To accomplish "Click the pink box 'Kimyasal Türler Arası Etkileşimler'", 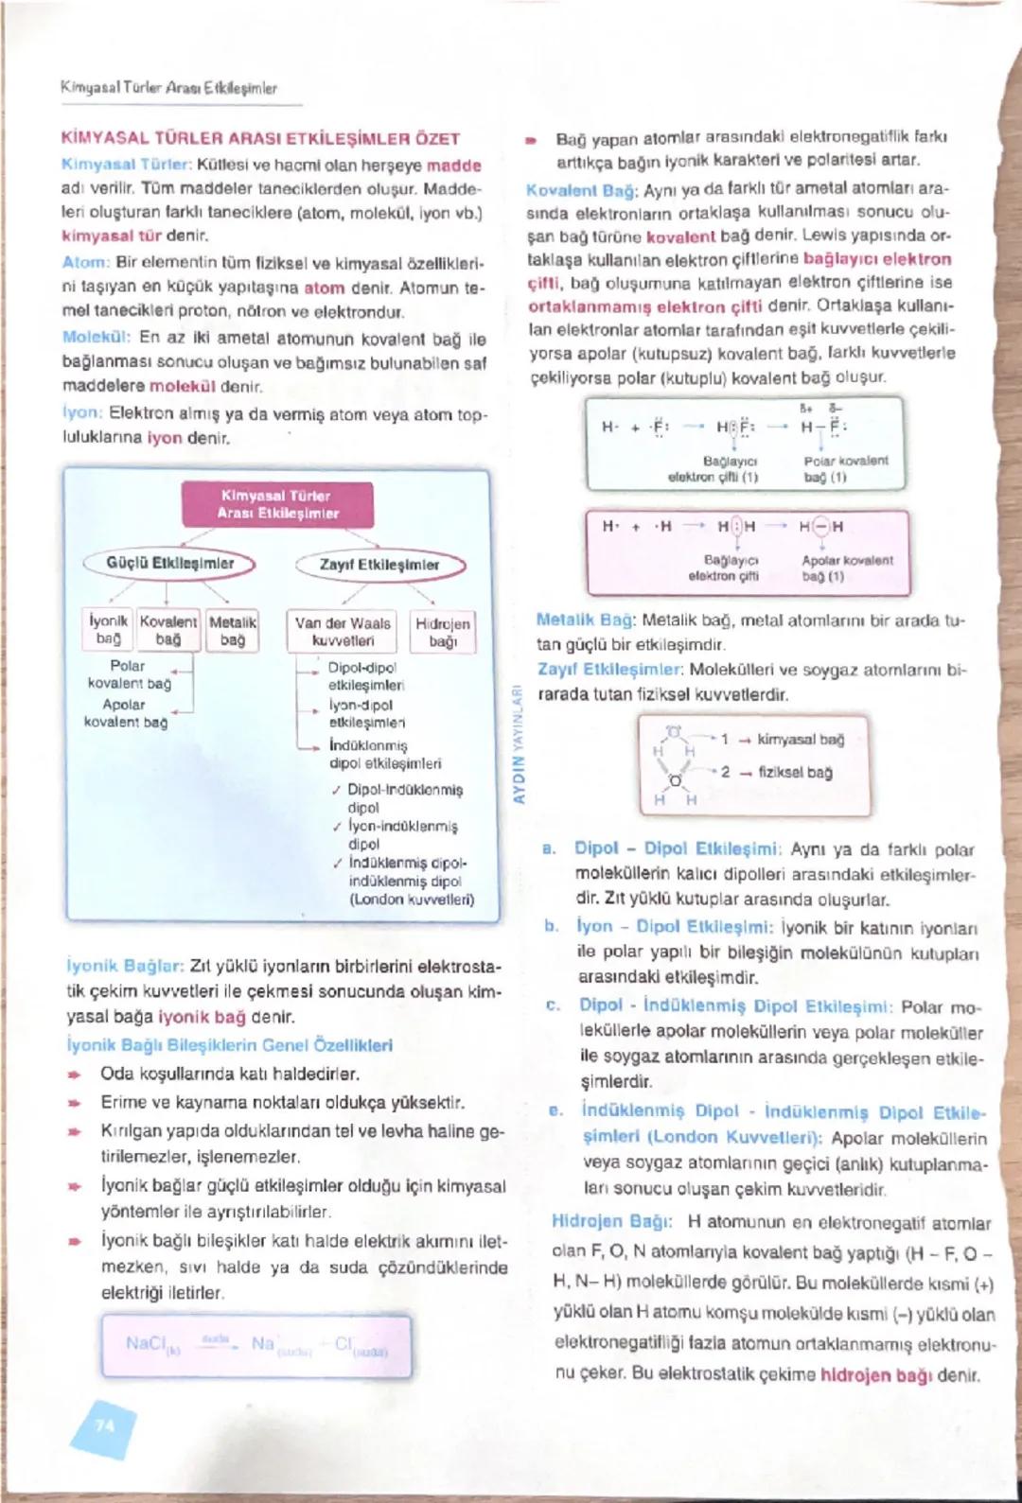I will [x=277, y=504].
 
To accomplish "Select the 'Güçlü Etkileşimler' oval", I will [x=170, y=564].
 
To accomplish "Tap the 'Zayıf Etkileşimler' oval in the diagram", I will [x=379, y=565].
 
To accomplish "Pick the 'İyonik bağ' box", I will [x=109, y=631].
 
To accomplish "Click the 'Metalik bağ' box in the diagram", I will [x=233, y=631].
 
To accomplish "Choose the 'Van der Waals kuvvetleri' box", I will [x=343, y=632].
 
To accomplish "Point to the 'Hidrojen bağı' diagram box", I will [x=443, y=632].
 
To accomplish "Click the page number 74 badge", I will [x=104, y=1424].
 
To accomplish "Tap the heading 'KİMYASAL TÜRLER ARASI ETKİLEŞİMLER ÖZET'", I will [x=260, y=138].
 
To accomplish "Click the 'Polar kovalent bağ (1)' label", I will [x=846, y=469].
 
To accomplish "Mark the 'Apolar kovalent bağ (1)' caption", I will [x=846, y=568].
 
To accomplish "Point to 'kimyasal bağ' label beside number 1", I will [x=801, y=740].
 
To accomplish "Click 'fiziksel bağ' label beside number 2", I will [x=795, y=773].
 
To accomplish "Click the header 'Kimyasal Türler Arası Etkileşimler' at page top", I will [x=168, y=88].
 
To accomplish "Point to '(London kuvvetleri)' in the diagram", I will [x=412, y=900].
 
